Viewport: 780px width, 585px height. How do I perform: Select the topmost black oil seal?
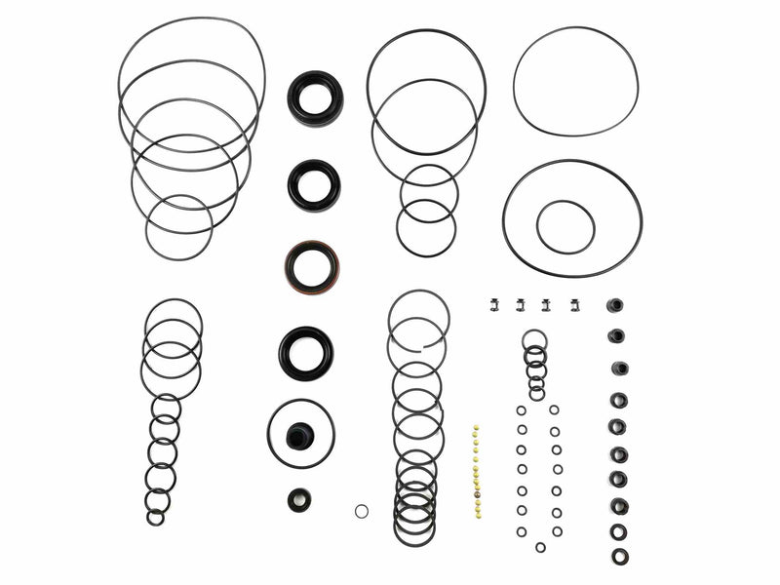click(x=314, y=97)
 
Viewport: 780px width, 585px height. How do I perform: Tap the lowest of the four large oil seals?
click(x=305, y=352)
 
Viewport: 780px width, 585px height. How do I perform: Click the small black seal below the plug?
click(x=299, y=499)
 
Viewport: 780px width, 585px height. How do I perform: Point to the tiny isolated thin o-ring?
click(x=362, y=511)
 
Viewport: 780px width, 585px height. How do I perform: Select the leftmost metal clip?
click(x=494, y=305)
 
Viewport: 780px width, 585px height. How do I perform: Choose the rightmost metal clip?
click(x=576, y=305)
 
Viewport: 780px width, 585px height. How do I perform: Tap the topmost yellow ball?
click(x=476, y=426)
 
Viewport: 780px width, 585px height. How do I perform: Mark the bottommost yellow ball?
click(x=477, y=516)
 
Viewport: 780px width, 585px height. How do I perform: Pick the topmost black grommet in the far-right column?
click(x=615, y=305)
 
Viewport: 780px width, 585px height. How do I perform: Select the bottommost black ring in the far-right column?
click(x=620, y=556)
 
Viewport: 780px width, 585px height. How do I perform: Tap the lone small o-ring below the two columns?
click(x=540, y=547)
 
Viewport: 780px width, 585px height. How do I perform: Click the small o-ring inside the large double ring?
click(x=565, y=226)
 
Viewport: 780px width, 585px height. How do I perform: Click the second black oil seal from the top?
click(x=314, y=184)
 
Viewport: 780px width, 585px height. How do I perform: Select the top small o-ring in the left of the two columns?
click(x=522, y=410)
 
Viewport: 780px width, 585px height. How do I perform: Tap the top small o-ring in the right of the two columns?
click(x=554, y=410)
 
